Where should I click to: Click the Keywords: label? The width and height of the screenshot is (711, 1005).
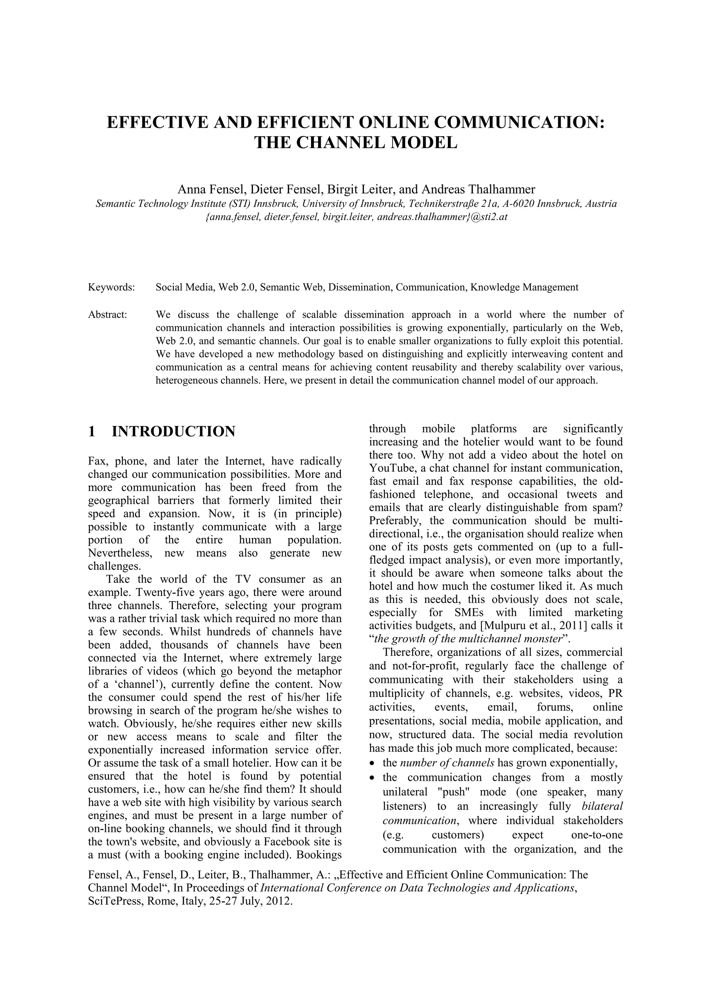point(111,288)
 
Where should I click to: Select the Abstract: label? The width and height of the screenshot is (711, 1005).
point(108,315)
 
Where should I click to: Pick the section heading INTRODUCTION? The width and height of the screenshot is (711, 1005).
point(174,432)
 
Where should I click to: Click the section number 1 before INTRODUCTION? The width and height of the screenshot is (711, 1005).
point(92,432)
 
